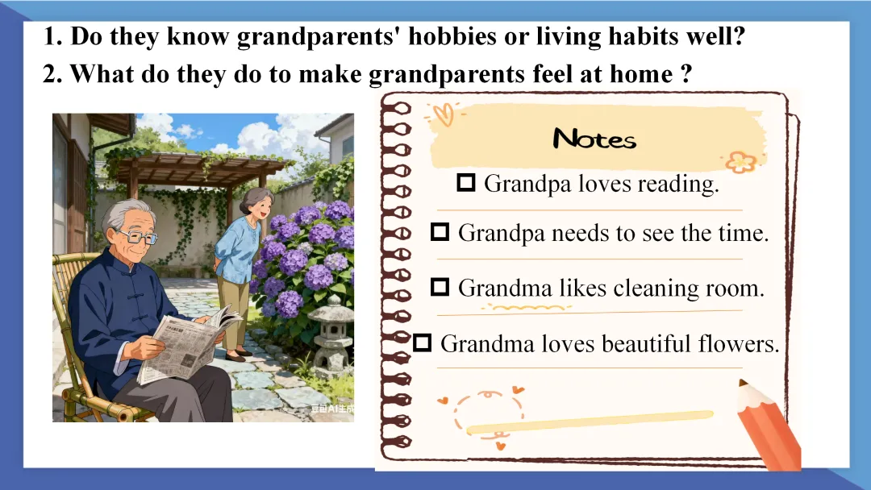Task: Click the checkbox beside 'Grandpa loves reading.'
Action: (x=465, y=182)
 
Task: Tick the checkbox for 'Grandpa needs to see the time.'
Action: (x=440, y=231)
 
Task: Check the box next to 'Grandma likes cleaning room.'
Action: (x=440, y=287)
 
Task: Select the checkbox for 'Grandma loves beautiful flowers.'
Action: (x=422, y=343)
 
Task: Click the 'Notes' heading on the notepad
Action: (x=594, y=139)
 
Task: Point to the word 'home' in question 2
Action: (x=640, y=74)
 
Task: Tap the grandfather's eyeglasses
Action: (x=135, y=237)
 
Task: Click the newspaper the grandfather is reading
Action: (x=188, y=343)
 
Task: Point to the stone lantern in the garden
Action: (x=332, y=332)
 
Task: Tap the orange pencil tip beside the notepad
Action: (x=744, y=384)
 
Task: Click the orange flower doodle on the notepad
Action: (x=742, y=162)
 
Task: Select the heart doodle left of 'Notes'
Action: (x=444, y=115)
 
